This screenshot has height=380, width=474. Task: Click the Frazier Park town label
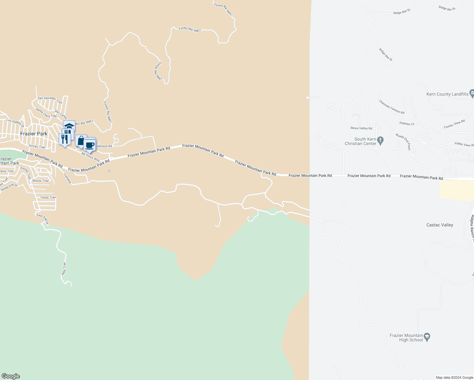tap(34, 134)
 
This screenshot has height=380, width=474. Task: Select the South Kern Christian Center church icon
tap(381, 140)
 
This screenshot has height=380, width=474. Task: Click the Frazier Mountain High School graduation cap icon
tap(427, 338)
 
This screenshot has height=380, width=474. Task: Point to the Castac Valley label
tap(439, 225)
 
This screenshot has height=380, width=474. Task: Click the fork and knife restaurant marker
tap(65, 139)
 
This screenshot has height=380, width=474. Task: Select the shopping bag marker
tap(80, 141)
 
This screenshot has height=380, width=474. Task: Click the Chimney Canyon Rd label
tap(392, 107)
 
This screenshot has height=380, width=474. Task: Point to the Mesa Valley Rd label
tap(361, 128)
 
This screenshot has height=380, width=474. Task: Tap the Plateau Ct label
tap(407, 123)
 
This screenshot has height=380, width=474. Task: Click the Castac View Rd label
tap(454, 124)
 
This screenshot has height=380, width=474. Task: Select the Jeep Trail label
tap(64, 269)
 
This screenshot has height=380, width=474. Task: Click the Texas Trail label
tap(48, 197)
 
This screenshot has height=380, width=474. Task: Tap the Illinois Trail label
tap(41, 180)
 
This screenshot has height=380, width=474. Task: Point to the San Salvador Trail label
tap(50, 100)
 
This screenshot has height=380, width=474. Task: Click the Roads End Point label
tap(403, 141)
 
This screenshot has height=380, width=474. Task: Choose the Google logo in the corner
tap(10, 376)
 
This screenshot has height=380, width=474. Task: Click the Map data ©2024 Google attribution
tap(454, 377)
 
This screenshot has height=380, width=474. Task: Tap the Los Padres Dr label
tap(15, 123)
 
